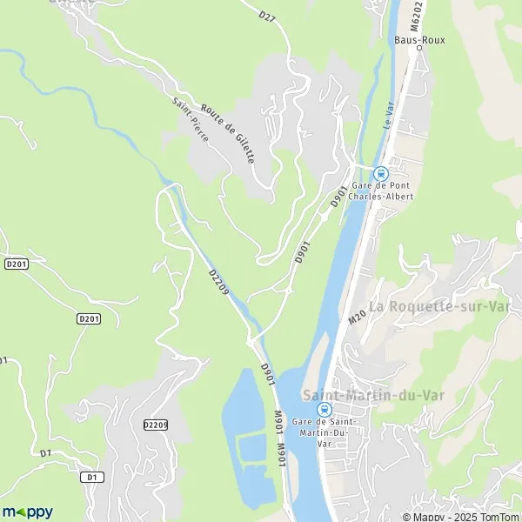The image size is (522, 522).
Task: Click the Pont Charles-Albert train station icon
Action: tap(380, 172)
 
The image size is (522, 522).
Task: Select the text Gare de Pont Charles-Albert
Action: tap(380, 191)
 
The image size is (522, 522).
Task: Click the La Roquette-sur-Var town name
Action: tap(438, 306)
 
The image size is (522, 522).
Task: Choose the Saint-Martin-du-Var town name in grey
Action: tap(372, 395)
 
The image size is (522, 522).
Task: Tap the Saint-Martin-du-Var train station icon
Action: tap(324, 409)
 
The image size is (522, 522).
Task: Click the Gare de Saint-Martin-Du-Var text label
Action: tap(324, 432)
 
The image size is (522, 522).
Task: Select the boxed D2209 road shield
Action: tap(155, 424)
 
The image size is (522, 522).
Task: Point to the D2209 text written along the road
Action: tap(218, 284)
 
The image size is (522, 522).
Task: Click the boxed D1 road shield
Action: tap(90, 477)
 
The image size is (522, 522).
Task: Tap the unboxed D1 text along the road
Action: tap(44, 453)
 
